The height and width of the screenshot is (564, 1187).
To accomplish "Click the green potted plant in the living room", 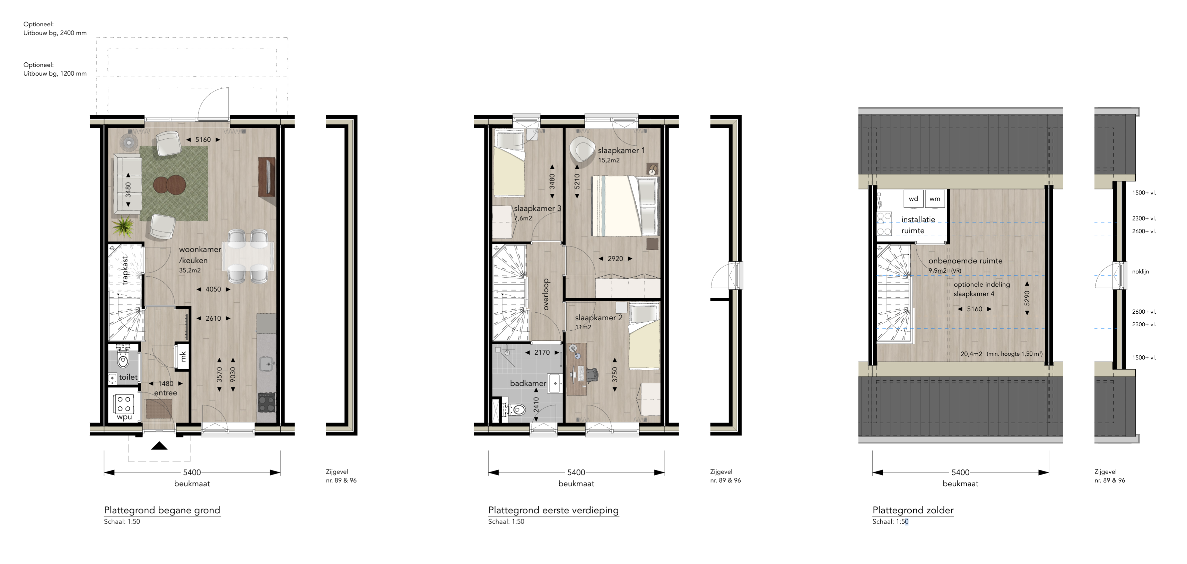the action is [x=123, y=227].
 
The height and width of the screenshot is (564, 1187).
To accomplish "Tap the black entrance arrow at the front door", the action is [x=159, y=445].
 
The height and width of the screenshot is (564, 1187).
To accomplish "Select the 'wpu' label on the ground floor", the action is [x=124, y=417].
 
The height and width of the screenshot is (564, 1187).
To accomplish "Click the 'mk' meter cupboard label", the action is [x=183, y=357].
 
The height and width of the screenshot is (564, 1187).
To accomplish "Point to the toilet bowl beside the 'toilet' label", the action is [x=123, y=360].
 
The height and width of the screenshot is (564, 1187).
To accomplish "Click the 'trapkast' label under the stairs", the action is [x=125, y=270].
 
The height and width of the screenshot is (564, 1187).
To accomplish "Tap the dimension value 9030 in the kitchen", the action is [x=233, y=375].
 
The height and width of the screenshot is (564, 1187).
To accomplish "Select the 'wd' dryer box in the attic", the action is [x=913, y=199].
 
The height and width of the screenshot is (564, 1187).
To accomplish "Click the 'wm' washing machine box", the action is [x=934, y=199].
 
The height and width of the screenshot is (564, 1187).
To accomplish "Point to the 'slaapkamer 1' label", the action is [x=621, y=150].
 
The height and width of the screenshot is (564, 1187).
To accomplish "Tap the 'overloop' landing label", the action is [x=546, y=294].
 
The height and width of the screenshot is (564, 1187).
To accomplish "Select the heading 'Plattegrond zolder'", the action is [x=913, y=510].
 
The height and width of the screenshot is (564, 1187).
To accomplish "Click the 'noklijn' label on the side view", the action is [x=1141, y=271].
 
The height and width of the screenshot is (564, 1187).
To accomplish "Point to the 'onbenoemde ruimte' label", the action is [x=965, y=261].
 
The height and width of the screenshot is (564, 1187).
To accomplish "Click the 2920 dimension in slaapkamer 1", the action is [x=615, y=259].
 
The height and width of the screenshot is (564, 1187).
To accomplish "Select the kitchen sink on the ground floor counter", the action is [x=266, y=364].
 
